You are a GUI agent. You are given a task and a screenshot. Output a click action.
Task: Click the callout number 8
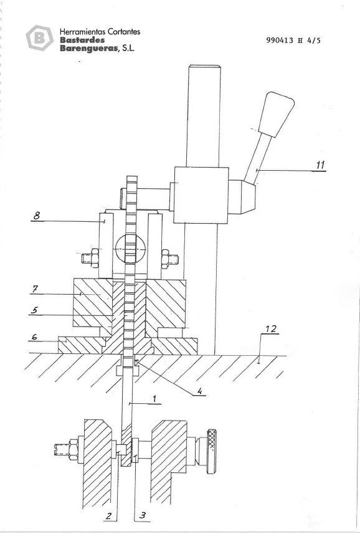[x=37, y=216]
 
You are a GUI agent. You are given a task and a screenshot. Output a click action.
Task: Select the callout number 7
[x=35, y=288]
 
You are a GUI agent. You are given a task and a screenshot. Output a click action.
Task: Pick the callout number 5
[x=35, y=308]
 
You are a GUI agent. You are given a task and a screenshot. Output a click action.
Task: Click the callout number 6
[x=35, y=337]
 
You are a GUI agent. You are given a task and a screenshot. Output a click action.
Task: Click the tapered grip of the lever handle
[x=277, y=113]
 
